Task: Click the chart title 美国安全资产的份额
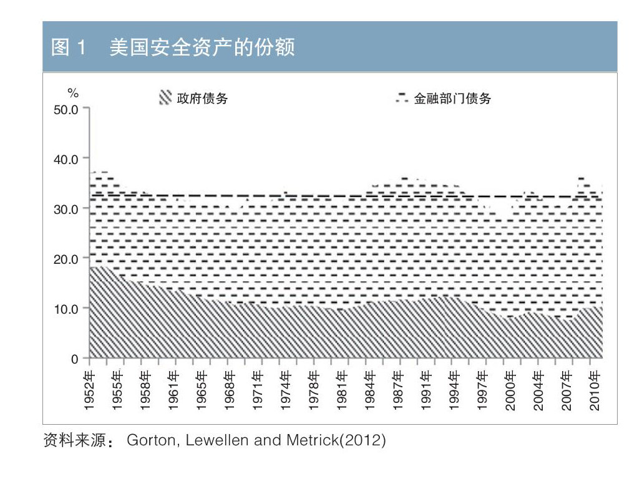point(202,48)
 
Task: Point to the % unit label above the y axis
point(74,94)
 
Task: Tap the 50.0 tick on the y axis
point(66,109)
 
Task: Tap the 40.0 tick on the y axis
point(66,159)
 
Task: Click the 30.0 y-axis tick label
point(66,209)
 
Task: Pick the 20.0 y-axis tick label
point(66,259)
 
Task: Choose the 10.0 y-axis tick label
point(66,309)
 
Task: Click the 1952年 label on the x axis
point(89,391)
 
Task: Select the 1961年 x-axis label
point(173,391)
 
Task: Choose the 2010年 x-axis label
point(595,391)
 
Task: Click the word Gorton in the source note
point(147,440)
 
